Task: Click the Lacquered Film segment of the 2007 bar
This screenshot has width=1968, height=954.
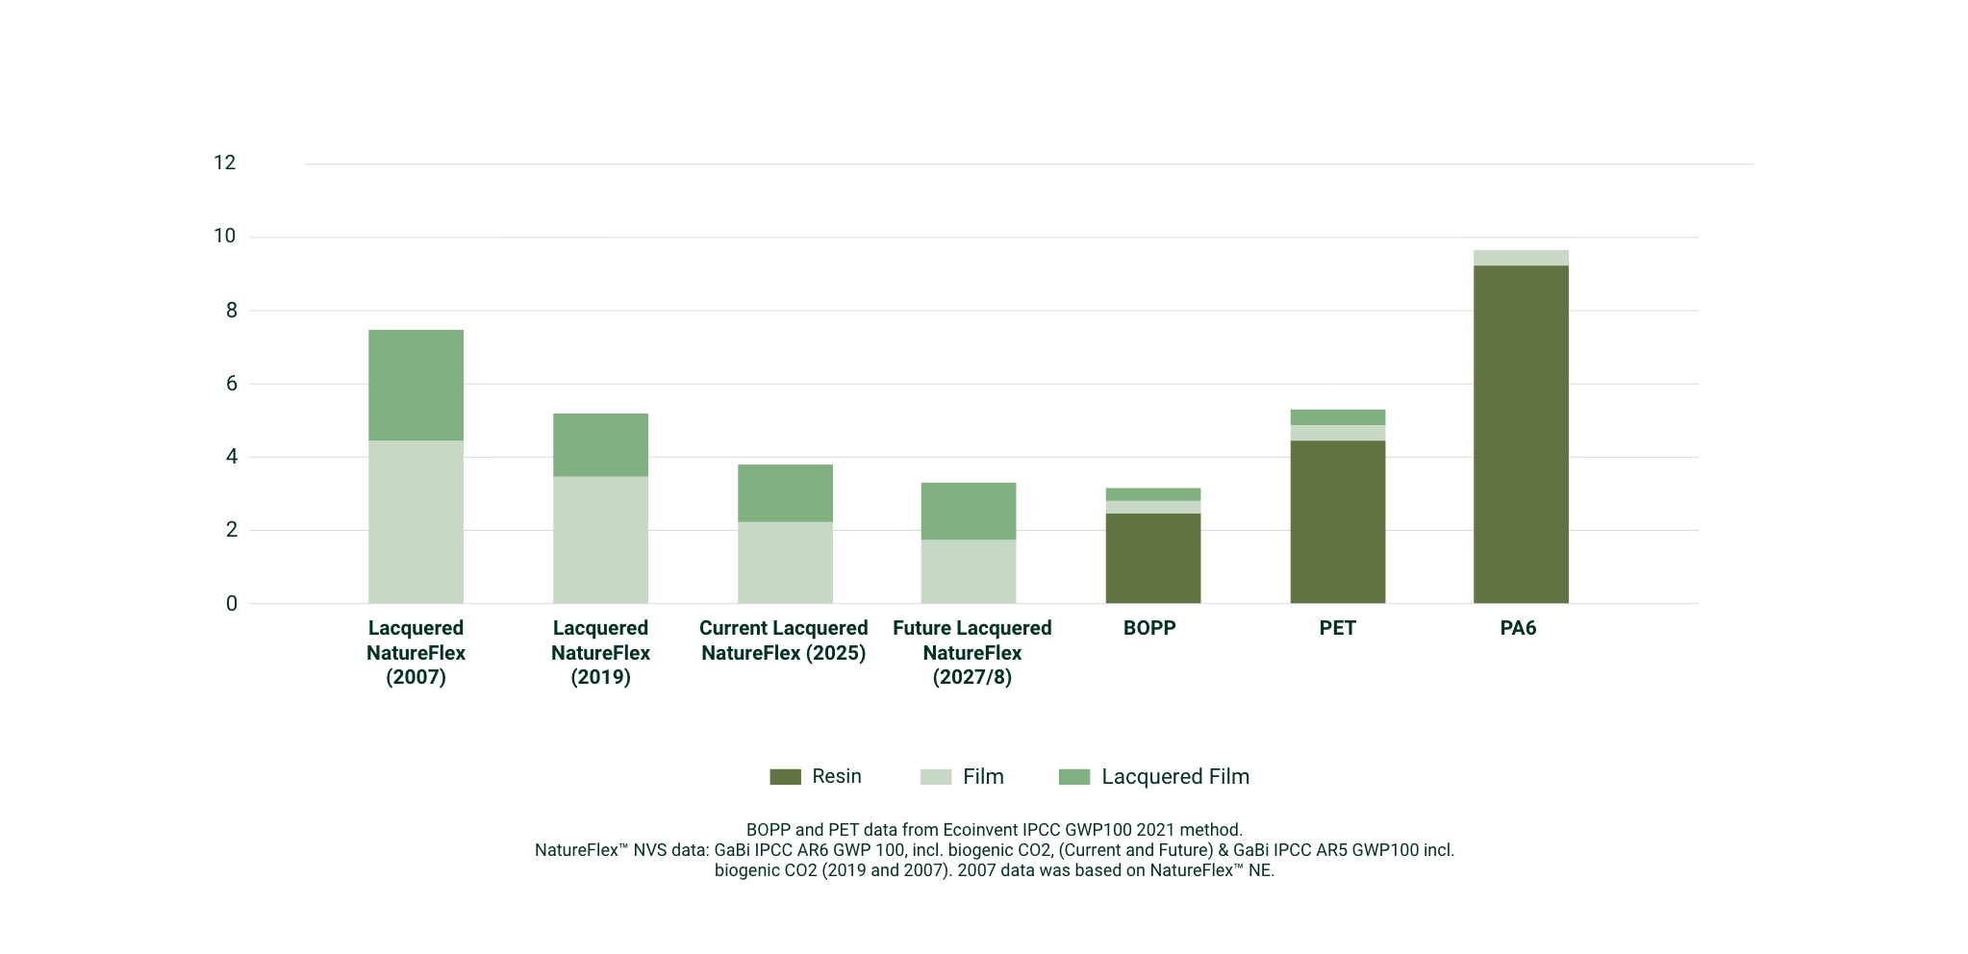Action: [416, 385]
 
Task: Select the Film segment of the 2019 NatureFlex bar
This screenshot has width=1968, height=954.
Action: [600, 540]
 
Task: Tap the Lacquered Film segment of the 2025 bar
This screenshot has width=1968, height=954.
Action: [785, 492]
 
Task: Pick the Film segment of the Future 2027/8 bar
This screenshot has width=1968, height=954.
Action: [969, 571]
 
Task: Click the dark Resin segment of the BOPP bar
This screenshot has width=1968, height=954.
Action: [1152, 558]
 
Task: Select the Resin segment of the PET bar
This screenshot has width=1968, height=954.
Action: [1337, 521]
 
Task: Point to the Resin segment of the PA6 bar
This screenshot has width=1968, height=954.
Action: [1521, 434]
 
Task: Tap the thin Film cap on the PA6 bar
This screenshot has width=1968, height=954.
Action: [1521, 258]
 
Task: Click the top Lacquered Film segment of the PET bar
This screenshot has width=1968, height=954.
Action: [1337, 417]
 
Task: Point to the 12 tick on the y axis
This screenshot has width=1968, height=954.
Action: [224, 163]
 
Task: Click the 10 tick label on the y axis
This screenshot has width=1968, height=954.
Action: [224, 237]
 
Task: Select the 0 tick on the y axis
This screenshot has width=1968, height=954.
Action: [231, 604]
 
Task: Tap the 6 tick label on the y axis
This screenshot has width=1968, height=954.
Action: [231, 384]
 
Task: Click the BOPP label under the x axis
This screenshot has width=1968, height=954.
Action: [1149, 628]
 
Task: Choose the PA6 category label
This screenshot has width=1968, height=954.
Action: [1518, 628]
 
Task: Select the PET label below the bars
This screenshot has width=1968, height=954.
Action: [1337, 628]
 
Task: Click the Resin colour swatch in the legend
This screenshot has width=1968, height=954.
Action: [785, 777]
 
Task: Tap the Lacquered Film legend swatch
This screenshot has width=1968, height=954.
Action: [1073, 777]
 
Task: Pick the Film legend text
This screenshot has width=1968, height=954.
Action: [983, 777]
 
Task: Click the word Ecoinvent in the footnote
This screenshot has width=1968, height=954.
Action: [981, 830]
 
